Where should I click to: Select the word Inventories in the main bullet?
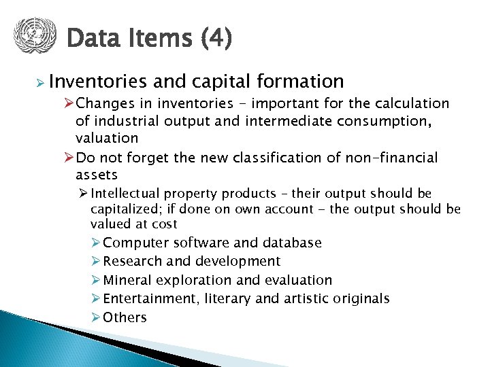98,82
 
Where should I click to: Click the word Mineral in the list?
128,280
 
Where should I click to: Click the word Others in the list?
125,317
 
